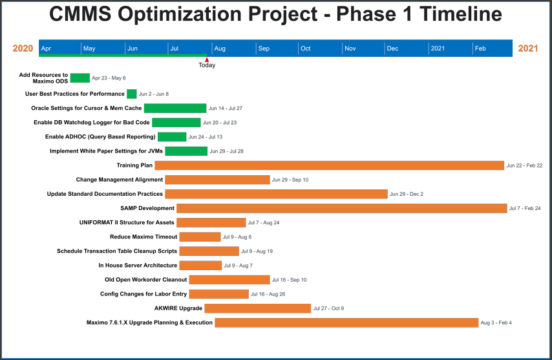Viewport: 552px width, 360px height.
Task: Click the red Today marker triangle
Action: [x=207, y=59]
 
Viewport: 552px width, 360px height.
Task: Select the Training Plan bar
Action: [x=329, y=165]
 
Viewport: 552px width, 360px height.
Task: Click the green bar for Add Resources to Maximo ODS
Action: [x=80, y=78]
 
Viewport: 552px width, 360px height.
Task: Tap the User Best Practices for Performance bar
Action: [x=132, y=94]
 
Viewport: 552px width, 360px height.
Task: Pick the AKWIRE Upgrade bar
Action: [x=257, y=308]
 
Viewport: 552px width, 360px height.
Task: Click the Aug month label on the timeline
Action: [x=220, y=48]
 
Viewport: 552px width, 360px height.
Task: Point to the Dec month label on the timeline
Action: [x=392, y=48]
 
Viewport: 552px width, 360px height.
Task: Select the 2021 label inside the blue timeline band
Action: [x=438, y=48]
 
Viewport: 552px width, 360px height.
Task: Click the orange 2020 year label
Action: [x=23, y=48]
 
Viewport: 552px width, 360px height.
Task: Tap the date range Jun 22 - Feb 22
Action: [x=524, y=165]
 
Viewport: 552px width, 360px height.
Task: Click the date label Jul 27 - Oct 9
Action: [x=328, y=308]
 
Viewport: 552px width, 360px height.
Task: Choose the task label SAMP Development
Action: [x=147, y=208]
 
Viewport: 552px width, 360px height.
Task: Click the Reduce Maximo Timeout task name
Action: [x=143, y=237]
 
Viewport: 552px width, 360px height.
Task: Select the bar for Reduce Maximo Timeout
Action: [x=200, y=237]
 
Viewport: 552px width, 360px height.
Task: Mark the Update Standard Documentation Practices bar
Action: [x=276, y=194]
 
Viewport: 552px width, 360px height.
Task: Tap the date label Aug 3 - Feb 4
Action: [x=496, y=323]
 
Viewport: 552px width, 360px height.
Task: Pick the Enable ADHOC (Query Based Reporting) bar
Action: [x=172, y=137]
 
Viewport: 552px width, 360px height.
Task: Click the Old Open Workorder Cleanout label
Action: [x=146, y=280]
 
